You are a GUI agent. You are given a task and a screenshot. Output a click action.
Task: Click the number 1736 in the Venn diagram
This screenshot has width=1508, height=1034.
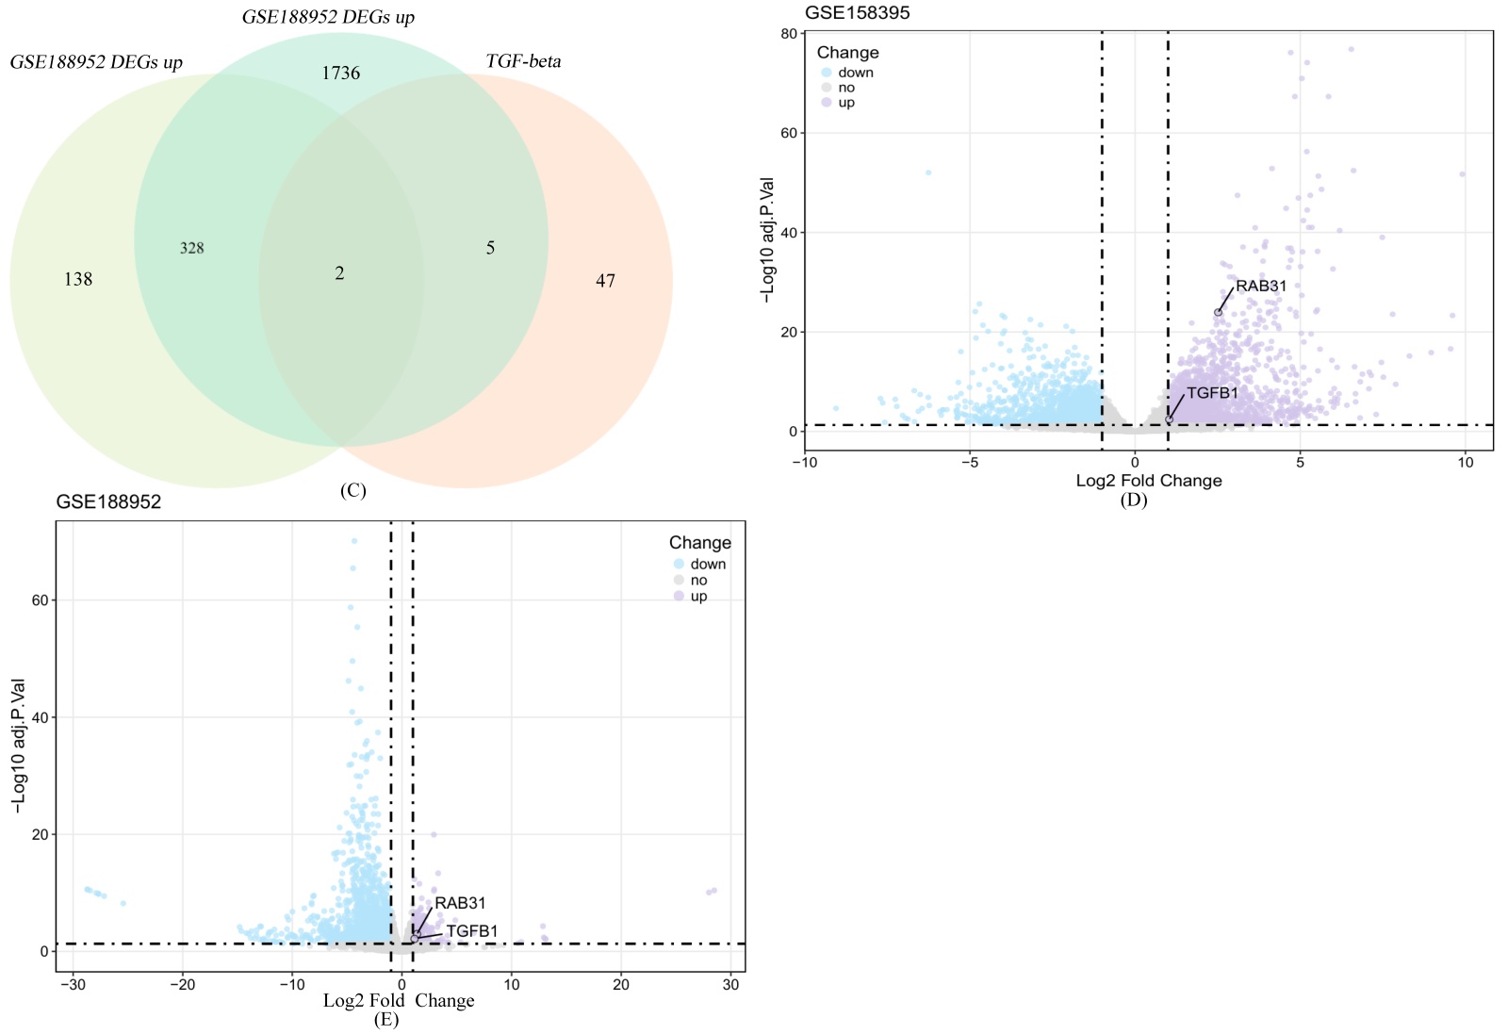(x=340, y=74)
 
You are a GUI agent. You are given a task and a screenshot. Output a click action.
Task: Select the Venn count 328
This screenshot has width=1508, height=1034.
(x=192, y=248)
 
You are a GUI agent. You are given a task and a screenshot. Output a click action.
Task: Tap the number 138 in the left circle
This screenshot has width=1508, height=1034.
(x=78, y=279)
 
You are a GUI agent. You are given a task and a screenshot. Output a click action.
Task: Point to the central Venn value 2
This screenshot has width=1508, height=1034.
(x=339, y=273)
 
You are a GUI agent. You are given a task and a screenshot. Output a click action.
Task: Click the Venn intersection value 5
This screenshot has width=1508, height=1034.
(x=490, y=248)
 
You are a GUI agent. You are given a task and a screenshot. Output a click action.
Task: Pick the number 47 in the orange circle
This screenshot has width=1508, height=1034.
(x=605, y=280)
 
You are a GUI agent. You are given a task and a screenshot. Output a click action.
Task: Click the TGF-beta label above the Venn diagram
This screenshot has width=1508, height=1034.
(x=523, y=61)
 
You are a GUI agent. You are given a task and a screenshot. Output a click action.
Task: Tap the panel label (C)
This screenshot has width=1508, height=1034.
(x=352, y=490)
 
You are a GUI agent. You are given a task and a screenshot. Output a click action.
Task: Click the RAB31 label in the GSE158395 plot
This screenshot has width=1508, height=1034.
(x=1261, y=286)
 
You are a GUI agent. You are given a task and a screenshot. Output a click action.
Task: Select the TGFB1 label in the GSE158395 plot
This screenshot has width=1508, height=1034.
(x=1212, y=393)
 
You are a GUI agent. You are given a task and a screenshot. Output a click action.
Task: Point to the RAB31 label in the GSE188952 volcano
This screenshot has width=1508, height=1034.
(x=460, y=903)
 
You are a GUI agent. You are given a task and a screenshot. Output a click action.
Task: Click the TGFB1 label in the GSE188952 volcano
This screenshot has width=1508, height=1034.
(x=472, y=931)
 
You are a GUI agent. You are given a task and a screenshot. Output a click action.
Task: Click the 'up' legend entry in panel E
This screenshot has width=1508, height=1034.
(x=698, y=597)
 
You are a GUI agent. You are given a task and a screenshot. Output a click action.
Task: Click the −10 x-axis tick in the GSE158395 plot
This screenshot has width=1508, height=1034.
(x=804, y=462)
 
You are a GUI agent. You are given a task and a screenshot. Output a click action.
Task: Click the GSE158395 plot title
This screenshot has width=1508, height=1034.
(x=857, y=12)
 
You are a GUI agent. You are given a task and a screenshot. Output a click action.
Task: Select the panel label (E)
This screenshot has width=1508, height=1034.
(x=385, y=1019)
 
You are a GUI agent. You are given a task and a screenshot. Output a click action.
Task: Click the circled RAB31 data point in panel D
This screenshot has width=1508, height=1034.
(x=1218, y=313)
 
